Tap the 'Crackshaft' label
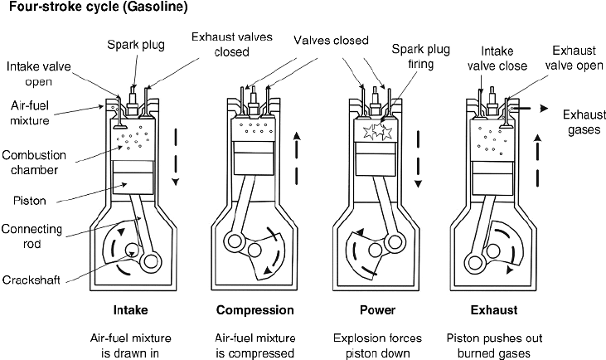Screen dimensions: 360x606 point(31,280)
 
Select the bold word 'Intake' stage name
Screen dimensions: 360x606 point(133,311)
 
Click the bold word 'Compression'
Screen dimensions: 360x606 point(255,311)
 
